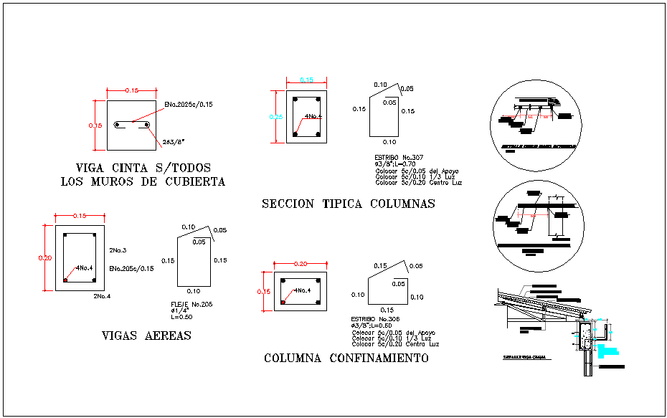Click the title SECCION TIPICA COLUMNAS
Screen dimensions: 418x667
click(349, 204)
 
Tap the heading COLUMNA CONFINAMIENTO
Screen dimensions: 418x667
click(346, 358)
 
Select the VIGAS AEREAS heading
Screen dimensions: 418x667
click(147, 335)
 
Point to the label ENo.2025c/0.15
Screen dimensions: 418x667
click(188, 105)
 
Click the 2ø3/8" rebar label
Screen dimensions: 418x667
click(174, 142)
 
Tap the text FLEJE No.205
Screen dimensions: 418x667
click(191, 304)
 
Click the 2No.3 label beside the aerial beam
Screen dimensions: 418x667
click(118, 250)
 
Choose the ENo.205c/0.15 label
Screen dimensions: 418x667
click(131, 268)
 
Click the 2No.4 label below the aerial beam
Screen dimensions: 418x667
click(101, 295)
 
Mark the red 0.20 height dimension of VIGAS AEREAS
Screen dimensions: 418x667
click(44, 258)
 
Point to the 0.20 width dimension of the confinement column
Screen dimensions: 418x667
click(300, 264)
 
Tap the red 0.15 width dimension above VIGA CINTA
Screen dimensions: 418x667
click(132, 90)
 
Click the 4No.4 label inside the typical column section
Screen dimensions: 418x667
click(313, 116)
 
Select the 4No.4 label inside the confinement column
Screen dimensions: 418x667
click(302, 290)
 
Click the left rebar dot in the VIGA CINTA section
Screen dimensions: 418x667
click(118, 125)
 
